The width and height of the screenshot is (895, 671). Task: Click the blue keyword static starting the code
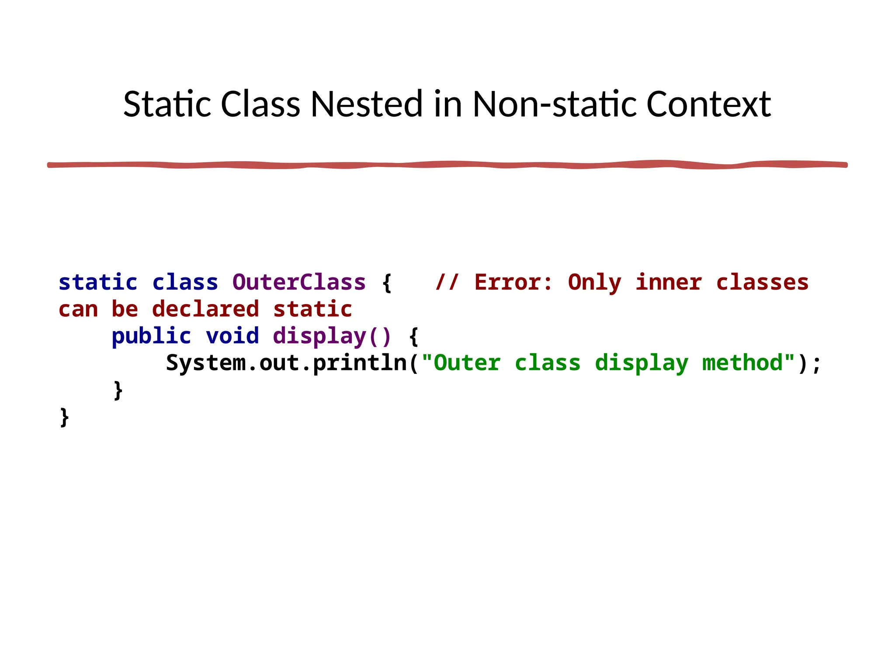[x=98, y=282]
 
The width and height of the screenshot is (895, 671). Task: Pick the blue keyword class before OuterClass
[x=185, y=282]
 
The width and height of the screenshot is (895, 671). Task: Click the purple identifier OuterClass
[x=299, y=282]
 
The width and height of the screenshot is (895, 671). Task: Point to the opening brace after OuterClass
[x=387, y=283]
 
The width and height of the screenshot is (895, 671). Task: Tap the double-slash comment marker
[x=447, y=282]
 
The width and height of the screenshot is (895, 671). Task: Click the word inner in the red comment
[x=669, y=282]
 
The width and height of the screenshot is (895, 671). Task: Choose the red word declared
[x=205, y=309]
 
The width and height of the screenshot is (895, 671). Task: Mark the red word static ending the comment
[x=312, y=309]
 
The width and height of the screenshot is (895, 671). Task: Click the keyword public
[x=151, y=336]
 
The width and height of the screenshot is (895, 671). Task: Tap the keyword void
[x=232, y=336]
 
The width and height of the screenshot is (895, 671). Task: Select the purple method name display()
[x=332, y=336]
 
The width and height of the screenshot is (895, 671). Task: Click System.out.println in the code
[x=286, y=363]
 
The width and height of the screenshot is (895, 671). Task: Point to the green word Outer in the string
[x=467, y=363]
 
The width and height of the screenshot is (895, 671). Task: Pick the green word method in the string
[x=742, y=363]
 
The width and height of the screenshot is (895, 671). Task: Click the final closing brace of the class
[x=64, y=417]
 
